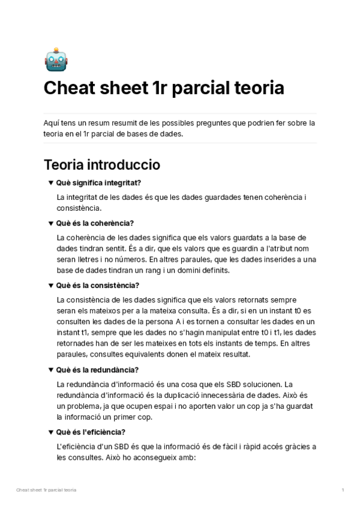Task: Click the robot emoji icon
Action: pos(56,59)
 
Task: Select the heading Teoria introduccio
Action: pos(102,164)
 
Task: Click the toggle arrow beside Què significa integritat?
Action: pos(51,183)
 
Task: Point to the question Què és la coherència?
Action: pos(95,223)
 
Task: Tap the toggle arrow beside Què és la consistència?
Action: pos(51,286)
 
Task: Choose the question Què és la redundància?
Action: pos(97,370)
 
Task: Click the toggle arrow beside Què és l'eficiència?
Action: pos(51,432)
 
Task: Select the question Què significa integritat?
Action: pos(98,183)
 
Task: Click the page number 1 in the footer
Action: pos(343,490)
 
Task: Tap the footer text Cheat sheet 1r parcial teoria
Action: pos(46,490)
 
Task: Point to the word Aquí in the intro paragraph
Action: pos(52,123)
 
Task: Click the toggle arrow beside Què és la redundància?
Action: pos(51,370)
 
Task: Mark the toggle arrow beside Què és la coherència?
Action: pos(51,223)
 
